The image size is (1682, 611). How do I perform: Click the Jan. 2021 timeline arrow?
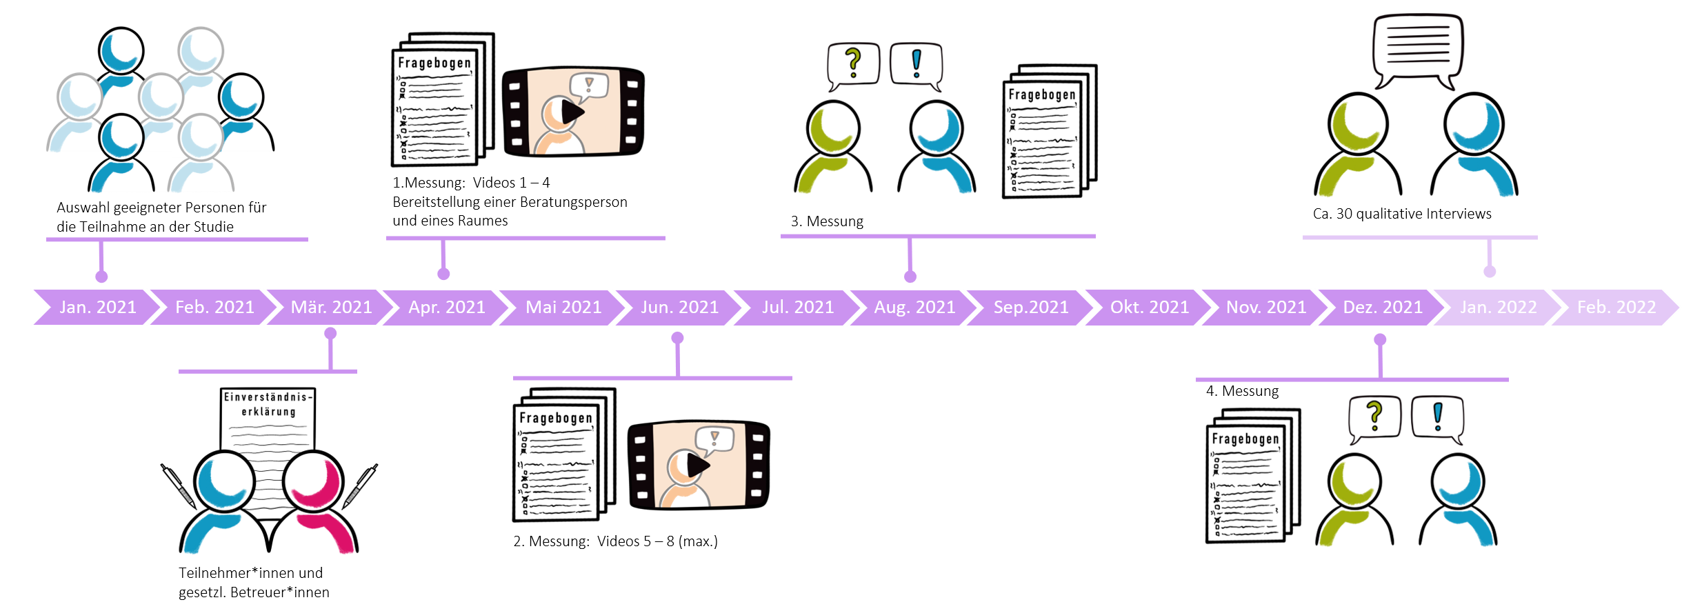click(x=97, y=307)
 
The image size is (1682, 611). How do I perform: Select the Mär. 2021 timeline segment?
click(x=331, y=307)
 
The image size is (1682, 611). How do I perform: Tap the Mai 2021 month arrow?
click(x=563, y=307)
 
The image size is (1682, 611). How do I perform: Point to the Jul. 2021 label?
click(x=798, y=307)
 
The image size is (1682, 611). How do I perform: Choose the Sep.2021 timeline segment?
click(x=1031, y=307)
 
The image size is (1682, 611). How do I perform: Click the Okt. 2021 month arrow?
click(x=1149, y=307)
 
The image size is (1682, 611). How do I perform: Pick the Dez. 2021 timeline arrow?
click(x=1382, y=307)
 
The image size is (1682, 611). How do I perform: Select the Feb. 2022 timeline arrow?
click(x=1616, y=307)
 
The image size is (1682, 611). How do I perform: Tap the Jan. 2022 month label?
click(x=1498, y=307)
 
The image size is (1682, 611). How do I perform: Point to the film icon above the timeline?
click(x=573, y=111)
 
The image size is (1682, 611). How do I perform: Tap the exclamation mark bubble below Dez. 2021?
click(x=1437, y=419)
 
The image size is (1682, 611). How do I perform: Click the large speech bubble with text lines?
click(x=1418, y=50)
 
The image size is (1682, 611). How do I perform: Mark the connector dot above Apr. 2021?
click(x=443, y=274)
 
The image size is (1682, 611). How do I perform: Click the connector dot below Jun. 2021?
click(x=678, y=338)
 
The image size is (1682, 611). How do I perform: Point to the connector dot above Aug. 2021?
click(x=910, y=277)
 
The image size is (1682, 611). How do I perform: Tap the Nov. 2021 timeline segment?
click(x=1265, y=307)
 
